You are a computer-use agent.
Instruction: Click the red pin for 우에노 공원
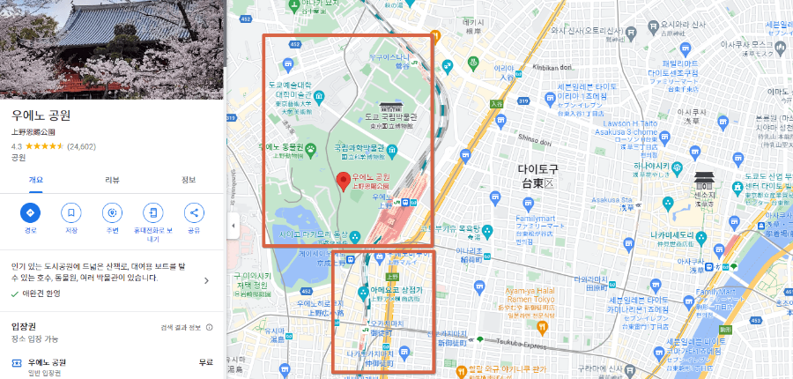[x=345, y=182]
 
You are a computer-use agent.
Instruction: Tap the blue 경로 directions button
[x=30, y=213]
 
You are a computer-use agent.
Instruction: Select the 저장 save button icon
[x=71, y=213]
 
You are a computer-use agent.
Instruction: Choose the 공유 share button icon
[x=194, y=213]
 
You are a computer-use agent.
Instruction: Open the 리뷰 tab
[x=112, y=180]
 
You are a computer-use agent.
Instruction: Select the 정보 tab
[x=189, y=180]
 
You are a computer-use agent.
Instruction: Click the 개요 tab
[x=36, y=180]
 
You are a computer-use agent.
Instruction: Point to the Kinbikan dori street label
[x=552, y=68]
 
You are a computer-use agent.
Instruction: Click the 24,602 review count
[x=81, y=145]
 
